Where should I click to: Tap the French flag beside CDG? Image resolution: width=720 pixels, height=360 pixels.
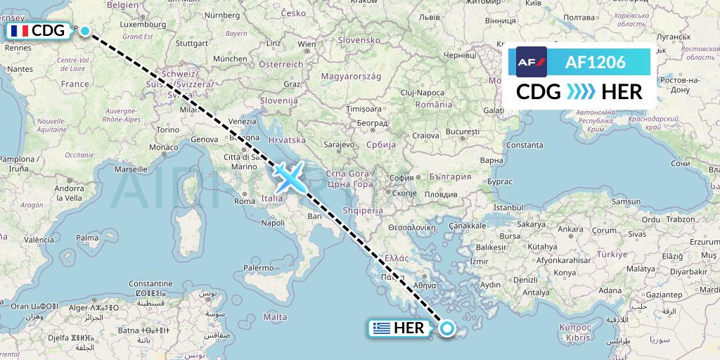(x=18, y=31)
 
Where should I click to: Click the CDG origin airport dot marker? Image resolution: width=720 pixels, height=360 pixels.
(x=85, y=31)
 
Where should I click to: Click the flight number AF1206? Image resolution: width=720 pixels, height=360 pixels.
(x=595, y=63)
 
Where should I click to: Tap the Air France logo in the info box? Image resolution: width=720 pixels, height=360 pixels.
(x=532, y=63)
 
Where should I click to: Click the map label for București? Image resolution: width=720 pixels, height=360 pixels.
(x=462, y=132)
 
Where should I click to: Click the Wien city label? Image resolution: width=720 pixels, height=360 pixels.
(x=307, y=44)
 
